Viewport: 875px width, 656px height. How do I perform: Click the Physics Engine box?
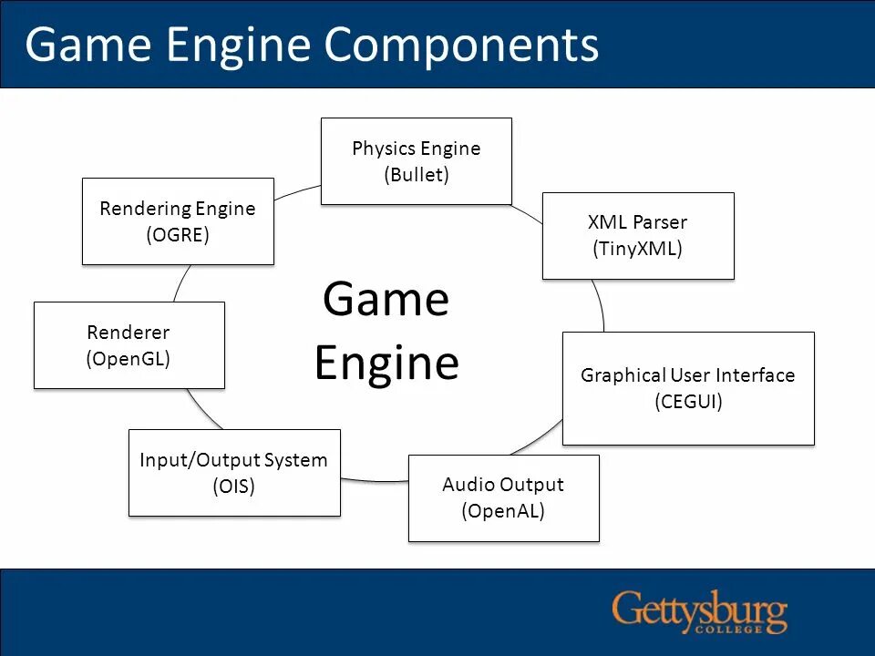(x=416, y=160)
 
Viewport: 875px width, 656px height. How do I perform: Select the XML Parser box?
(x=637, y=235)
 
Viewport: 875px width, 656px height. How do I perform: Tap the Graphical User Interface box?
(x=687, y=387)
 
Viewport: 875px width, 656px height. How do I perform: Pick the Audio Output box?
(x=503, y=497)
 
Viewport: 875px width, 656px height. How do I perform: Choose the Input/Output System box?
(x=233, y=472)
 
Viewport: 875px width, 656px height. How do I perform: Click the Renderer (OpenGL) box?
(x=129, y=344)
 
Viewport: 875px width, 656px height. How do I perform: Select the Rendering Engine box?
(x=178, y=220)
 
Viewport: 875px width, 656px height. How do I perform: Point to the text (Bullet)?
(x=417, y=175)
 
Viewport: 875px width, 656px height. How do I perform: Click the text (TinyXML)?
(x=637, y=248)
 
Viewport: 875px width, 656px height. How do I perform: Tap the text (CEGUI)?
(x=688, y=402)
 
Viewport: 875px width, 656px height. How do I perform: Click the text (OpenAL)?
(x=503, y=511)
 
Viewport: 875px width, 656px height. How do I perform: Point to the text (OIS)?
(x=233, y=487)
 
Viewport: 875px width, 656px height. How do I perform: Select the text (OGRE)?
(x=178, y=235)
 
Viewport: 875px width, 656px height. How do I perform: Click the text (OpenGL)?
(x=129, y=359)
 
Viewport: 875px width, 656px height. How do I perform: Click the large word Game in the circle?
(x=386, y=299)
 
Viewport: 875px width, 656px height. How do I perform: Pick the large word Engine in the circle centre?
(x=386, y=363)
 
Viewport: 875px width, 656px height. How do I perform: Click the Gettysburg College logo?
(x=699, y=611)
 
